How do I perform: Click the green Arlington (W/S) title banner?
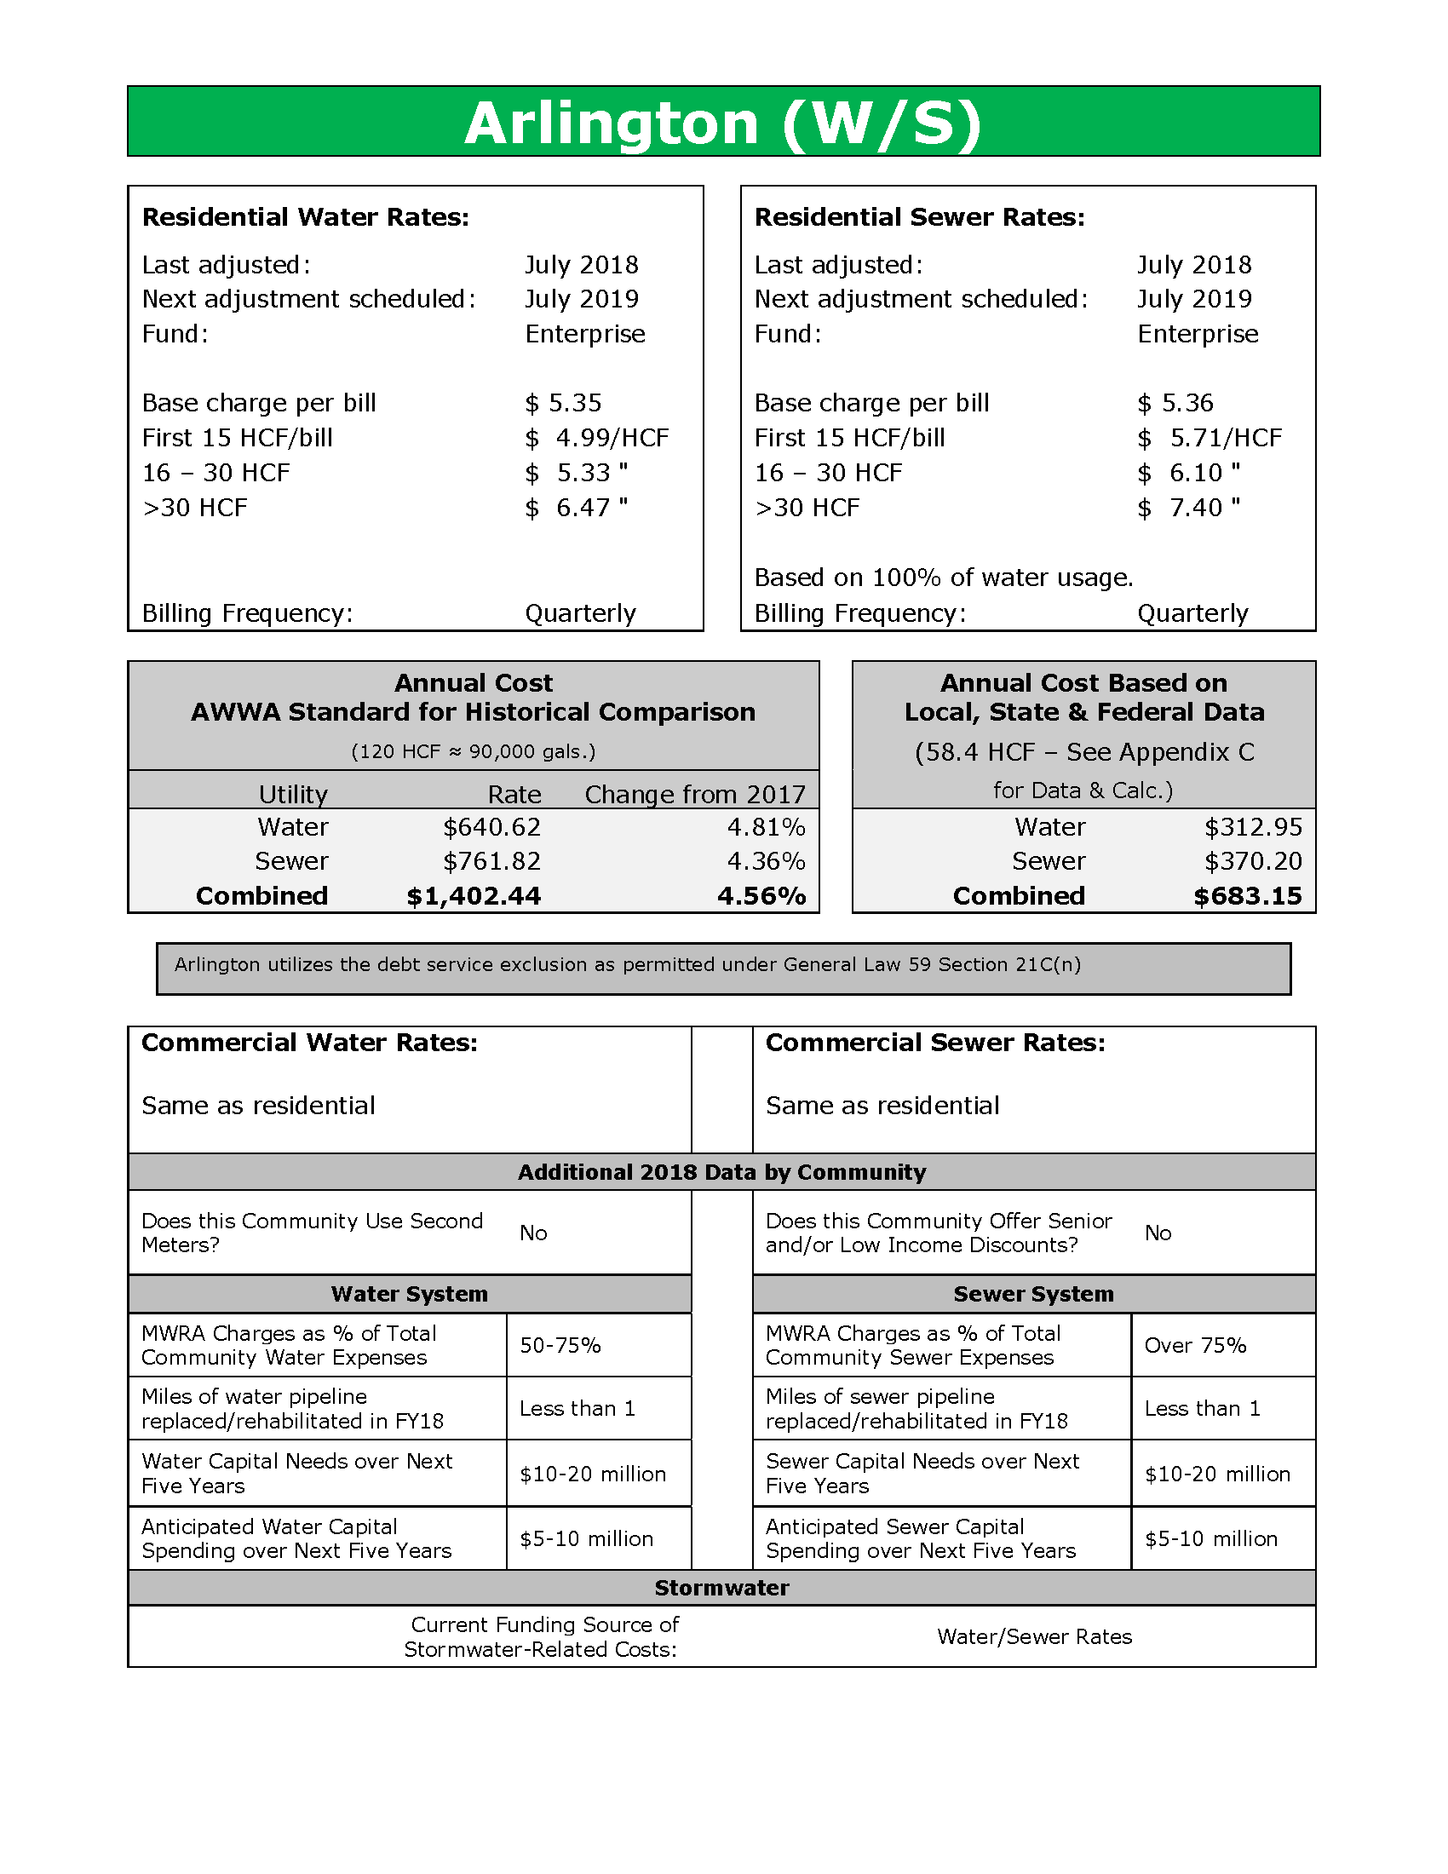[723, 122]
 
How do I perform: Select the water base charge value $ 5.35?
[564, 403]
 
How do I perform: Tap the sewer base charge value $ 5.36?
[1175, 403]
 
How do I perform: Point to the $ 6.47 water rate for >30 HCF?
[577, 508]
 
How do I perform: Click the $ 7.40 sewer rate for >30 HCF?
[1189, 508]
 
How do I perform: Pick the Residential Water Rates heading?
[306, 217]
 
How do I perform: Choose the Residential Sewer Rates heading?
[920, 217]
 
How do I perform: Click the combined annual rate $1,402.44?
[474, 897]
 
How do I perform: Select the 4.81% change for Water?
[766, 827]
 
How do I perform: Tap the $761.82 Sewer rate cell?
[491, 861]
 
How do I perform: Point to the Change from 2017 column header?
[695, 795]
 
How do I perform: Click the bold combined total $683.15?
[1247, 897]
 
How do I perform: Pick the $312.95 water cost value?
[1252, 827]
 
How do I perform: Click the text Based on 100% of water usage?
[944, 578]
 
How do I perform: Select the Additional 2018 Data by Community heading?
[721, 1173]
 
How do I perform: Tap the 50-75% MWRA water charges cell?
[560, 1345]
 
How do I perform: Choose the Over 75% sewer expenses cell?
[1195, 1345]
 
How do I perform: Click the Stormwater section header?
[721, 1589]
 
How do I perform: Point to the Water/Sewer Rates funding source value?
[1035, 1637]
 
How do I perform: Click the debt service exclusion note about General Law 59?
[627, 965]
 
